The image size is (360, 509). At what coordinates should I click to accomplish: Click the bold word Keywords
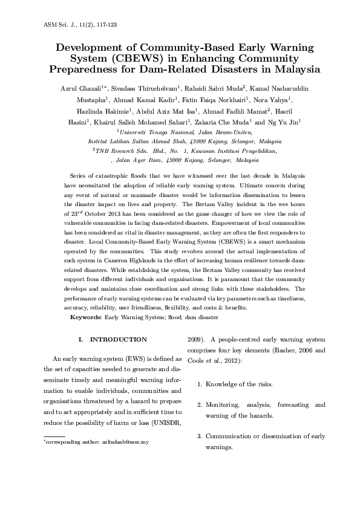tap(86, 317)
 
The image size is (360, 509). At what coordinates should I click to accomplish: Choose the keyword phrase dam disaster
tap(201, 317)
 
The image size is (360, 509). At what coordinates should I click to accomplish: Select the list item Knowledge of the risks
tap(239, 384)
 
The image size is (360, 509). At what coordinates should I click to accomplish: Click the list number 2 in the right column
tap(200, 404)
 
